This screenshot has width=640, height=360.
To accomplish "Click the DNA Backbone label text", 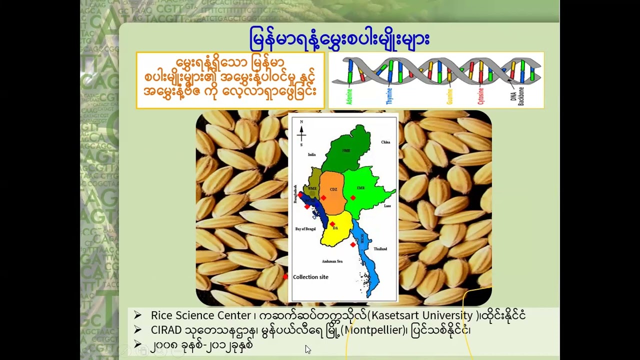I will coord(517,94).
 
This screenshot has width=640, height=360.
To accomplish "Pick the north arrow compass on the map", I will coord(301,133).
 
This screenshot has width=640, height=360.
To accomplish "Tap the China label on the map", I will coord(385,142).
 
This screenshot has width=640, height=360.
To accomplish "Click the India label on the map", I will coord(312,155).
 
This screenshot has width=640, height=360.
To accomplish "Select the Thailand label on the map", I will coord(380,248).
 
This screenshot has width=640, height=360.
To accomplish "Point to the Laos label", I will coord(387,205).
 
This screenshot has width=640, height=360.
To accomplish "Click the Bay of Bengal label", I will coord(305,228).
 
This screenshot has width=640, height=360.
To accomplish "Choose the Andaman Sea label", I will coord(332,261).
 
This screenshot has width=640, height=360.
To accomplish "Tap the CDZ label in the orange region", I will coord(333,189).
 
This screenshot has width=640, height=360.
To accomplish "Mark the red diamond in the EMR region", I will coord(353,198).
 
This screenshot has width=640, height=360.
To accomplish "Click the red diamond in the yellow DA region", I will coord(332,224).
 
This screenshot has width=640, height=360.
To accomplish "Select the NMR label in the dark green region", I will coord(346,150).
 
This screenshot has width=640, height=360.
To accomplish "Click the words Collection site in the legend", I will coord(310,277).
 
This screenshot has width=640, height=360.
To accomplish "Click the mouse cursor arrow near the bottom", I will coord(307,349).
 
